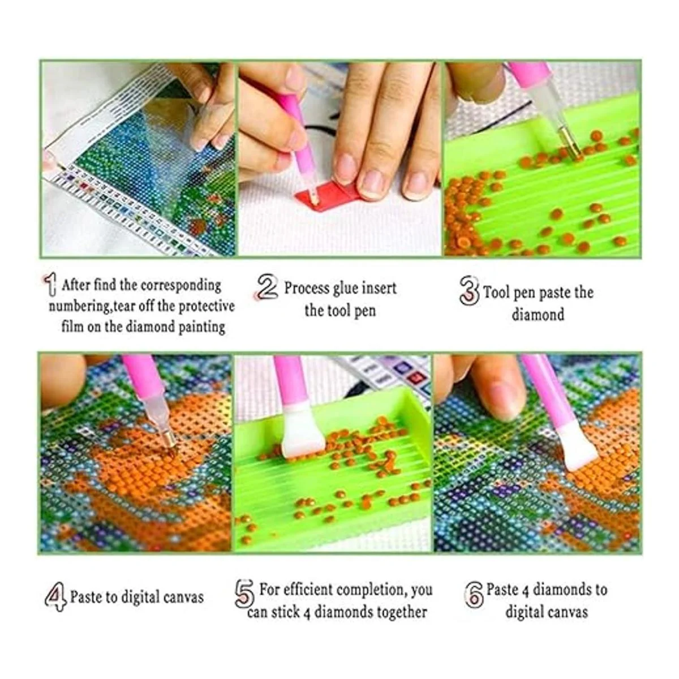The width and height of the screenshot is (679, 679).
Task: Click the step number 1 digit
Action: [51, 285]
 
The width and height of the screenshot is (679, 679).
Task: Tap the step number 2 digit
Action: [266, 287]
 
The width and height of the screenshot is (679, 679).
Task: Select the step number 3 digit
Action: [469, 291]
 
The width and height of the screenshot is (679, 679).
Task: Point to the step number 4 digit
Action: [55, 597]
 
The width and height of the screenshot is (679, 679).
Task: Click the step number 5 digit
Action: [244, 594]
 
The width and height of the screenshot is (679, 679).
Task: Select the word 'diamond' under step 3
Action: [538, 315]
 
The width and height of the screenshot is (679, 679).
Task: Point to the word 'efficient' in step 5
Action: [305, 590]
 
